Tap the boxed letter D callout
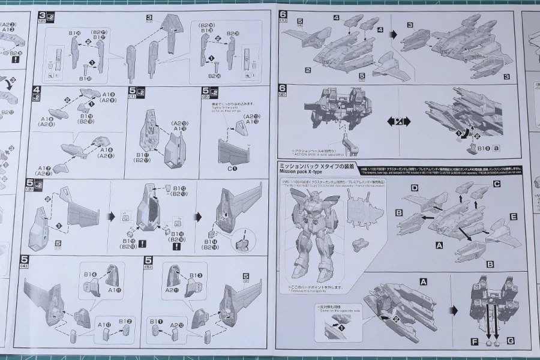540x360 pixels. coord(414,188)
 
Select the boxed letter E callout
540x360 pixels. coord(513,215)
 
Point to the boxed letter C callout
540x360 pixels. coord(497,184)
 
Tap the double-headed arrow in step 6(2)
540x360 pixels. coord(397,122)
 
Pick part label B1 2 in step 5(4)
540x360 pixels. coord(125,322)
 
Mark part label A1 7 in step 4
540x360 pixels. coord(43,169)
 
